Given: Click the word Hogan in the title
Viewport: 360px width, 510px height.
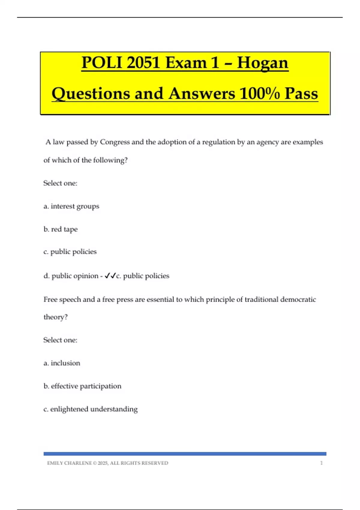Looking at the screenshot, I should click(x=262, y=63).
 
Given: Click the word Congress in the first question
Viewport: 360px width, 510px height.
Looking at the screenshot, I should click(x=115, y=142).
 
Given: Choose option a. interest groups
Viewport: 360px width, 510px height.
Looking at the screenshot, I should click(x=71, y=206).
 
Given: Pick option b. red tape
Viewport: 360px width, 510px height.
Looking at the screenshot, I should click(x=60, y=229).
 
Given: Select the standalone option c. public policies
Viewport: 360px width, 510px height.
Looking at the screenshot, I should click(x=70, y=252).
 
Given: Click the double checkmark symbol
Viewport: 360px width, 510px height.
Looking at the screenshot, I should click(x=110, y=276).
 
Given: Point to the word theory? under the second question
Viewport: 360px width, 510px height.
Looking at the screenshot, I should click(x=55, y=317).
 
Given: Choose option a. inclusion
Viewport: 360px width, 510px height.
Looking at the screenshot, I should click(x=62, y=363).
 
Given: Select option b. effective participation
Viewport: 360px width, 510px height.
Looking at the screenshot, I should click(x=82, y=386).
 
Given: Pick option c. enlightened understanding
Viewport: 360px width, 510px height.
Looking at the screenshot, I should click(x=90, y=409).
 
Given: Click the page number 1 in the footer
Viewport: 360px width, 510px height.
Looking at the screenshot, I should click(x=321, y=463).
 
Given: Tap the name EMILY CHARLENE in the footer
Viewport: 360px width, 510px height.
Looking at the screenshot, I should click(x=69, y=463).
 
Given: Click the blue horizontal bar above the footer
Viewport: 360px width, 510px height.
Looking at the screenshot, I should click(x=185, y=454).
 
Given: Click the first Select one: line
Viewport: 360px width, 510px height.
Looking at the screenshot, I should click(x=60, y=183).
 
